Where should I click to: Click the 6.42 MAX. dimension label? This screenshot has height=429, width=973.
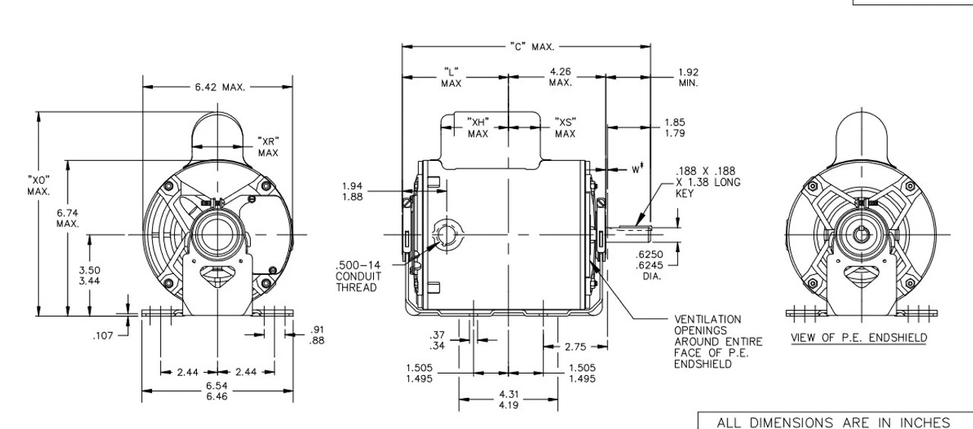point(218,87)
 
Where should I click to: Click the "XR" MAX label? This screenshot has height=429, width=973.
point(268,147)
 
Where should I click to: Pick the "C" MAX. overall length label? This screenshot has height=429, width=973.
point(531,47)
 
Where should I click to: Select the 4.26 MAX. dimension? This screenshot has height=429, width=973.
point(560,77)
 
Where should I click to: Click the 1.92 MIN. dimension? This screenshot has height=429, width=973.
point(688,77)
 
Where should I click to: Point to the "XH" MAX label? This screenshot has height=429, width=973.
point(477,128)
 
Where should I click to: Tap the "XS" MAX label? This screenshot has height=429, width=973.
point(565,128)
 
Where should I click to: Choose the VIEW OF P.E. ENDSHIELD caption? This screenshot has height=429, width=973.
point(858,337)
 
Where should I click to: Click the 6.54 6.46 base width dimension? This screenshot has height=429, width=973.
point(217,390)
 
